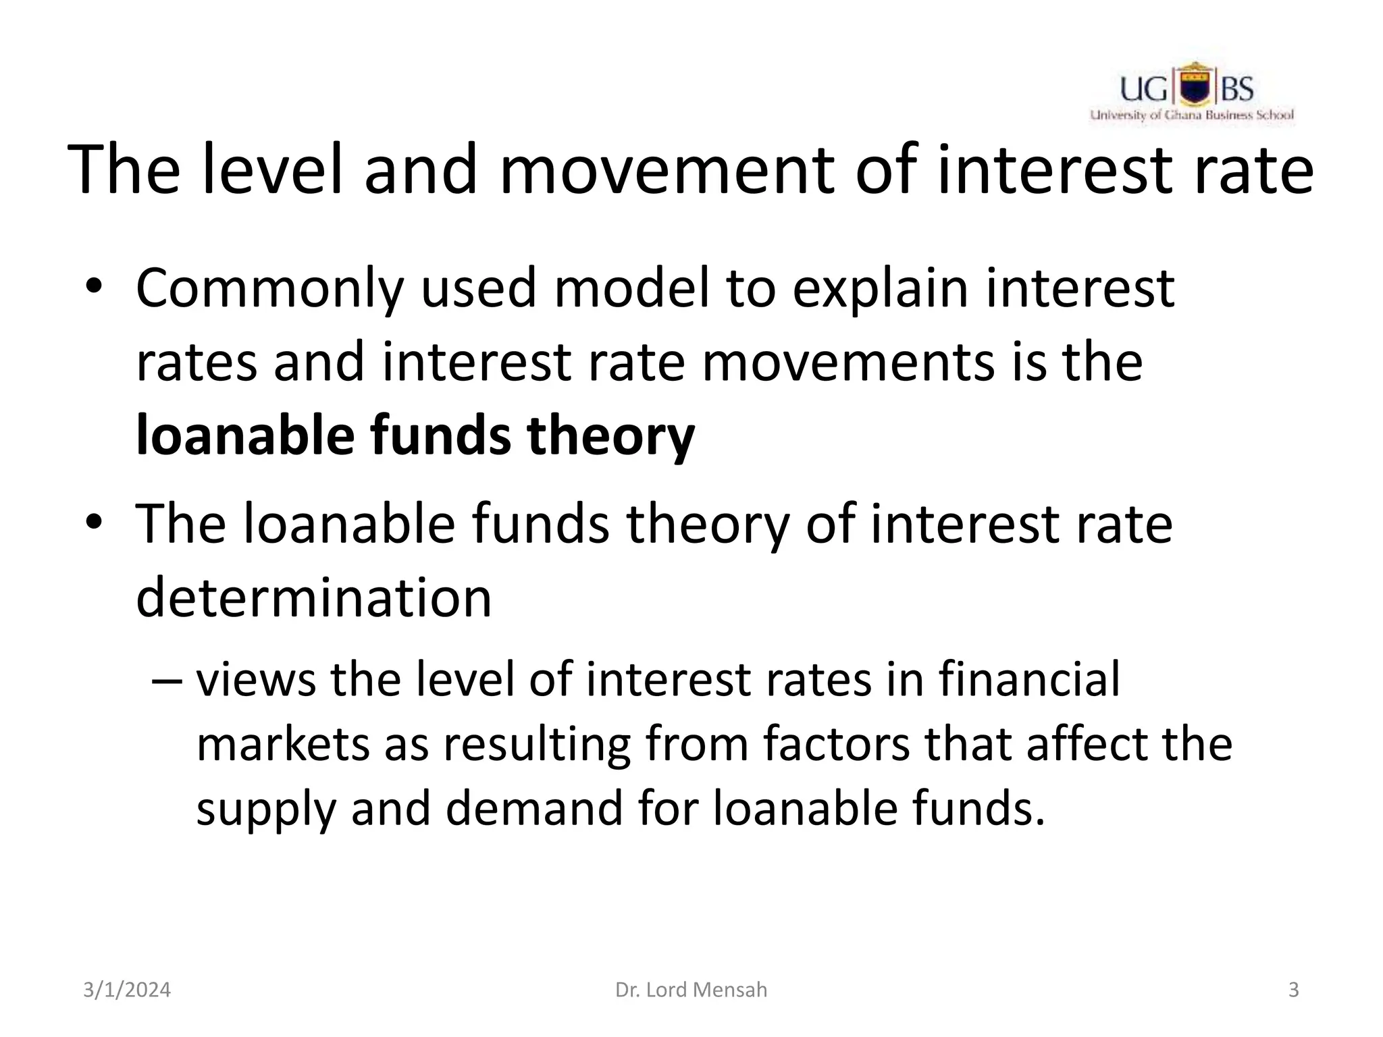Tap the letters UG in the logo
point(1145,89)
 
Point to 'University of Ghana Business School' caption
point(1192,115)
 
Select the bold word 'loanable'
point(244,435)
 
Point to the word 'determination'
point(313,597)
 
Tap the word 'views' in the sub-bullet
point(255,680)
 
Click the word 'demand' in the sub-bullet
point(533,808)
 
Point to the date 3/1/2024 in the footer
point(127,990)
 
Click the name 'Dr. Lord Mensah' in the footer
point(691,990)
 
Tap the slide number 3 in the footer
point(1293,990)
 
